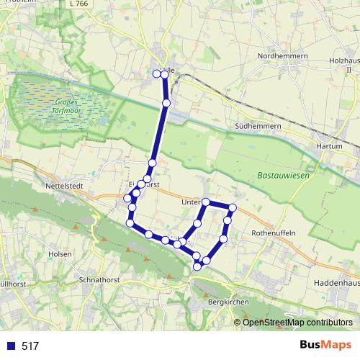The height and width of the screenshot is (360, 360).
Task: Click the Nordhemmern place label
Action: click(287, 55)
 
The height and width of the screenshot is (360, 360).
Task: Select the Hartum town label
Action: click(330, 145)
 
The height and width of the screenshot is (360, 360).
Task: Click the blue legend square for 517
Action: click(11, 346)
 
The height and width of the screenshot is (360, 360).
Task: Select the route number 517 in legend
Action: click(30, 346)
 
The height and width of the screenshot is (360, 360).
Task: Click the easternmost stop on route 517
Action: click(232, 208)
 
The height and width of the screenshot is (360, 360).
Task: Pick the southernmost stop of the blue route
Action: click(198, 266)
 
